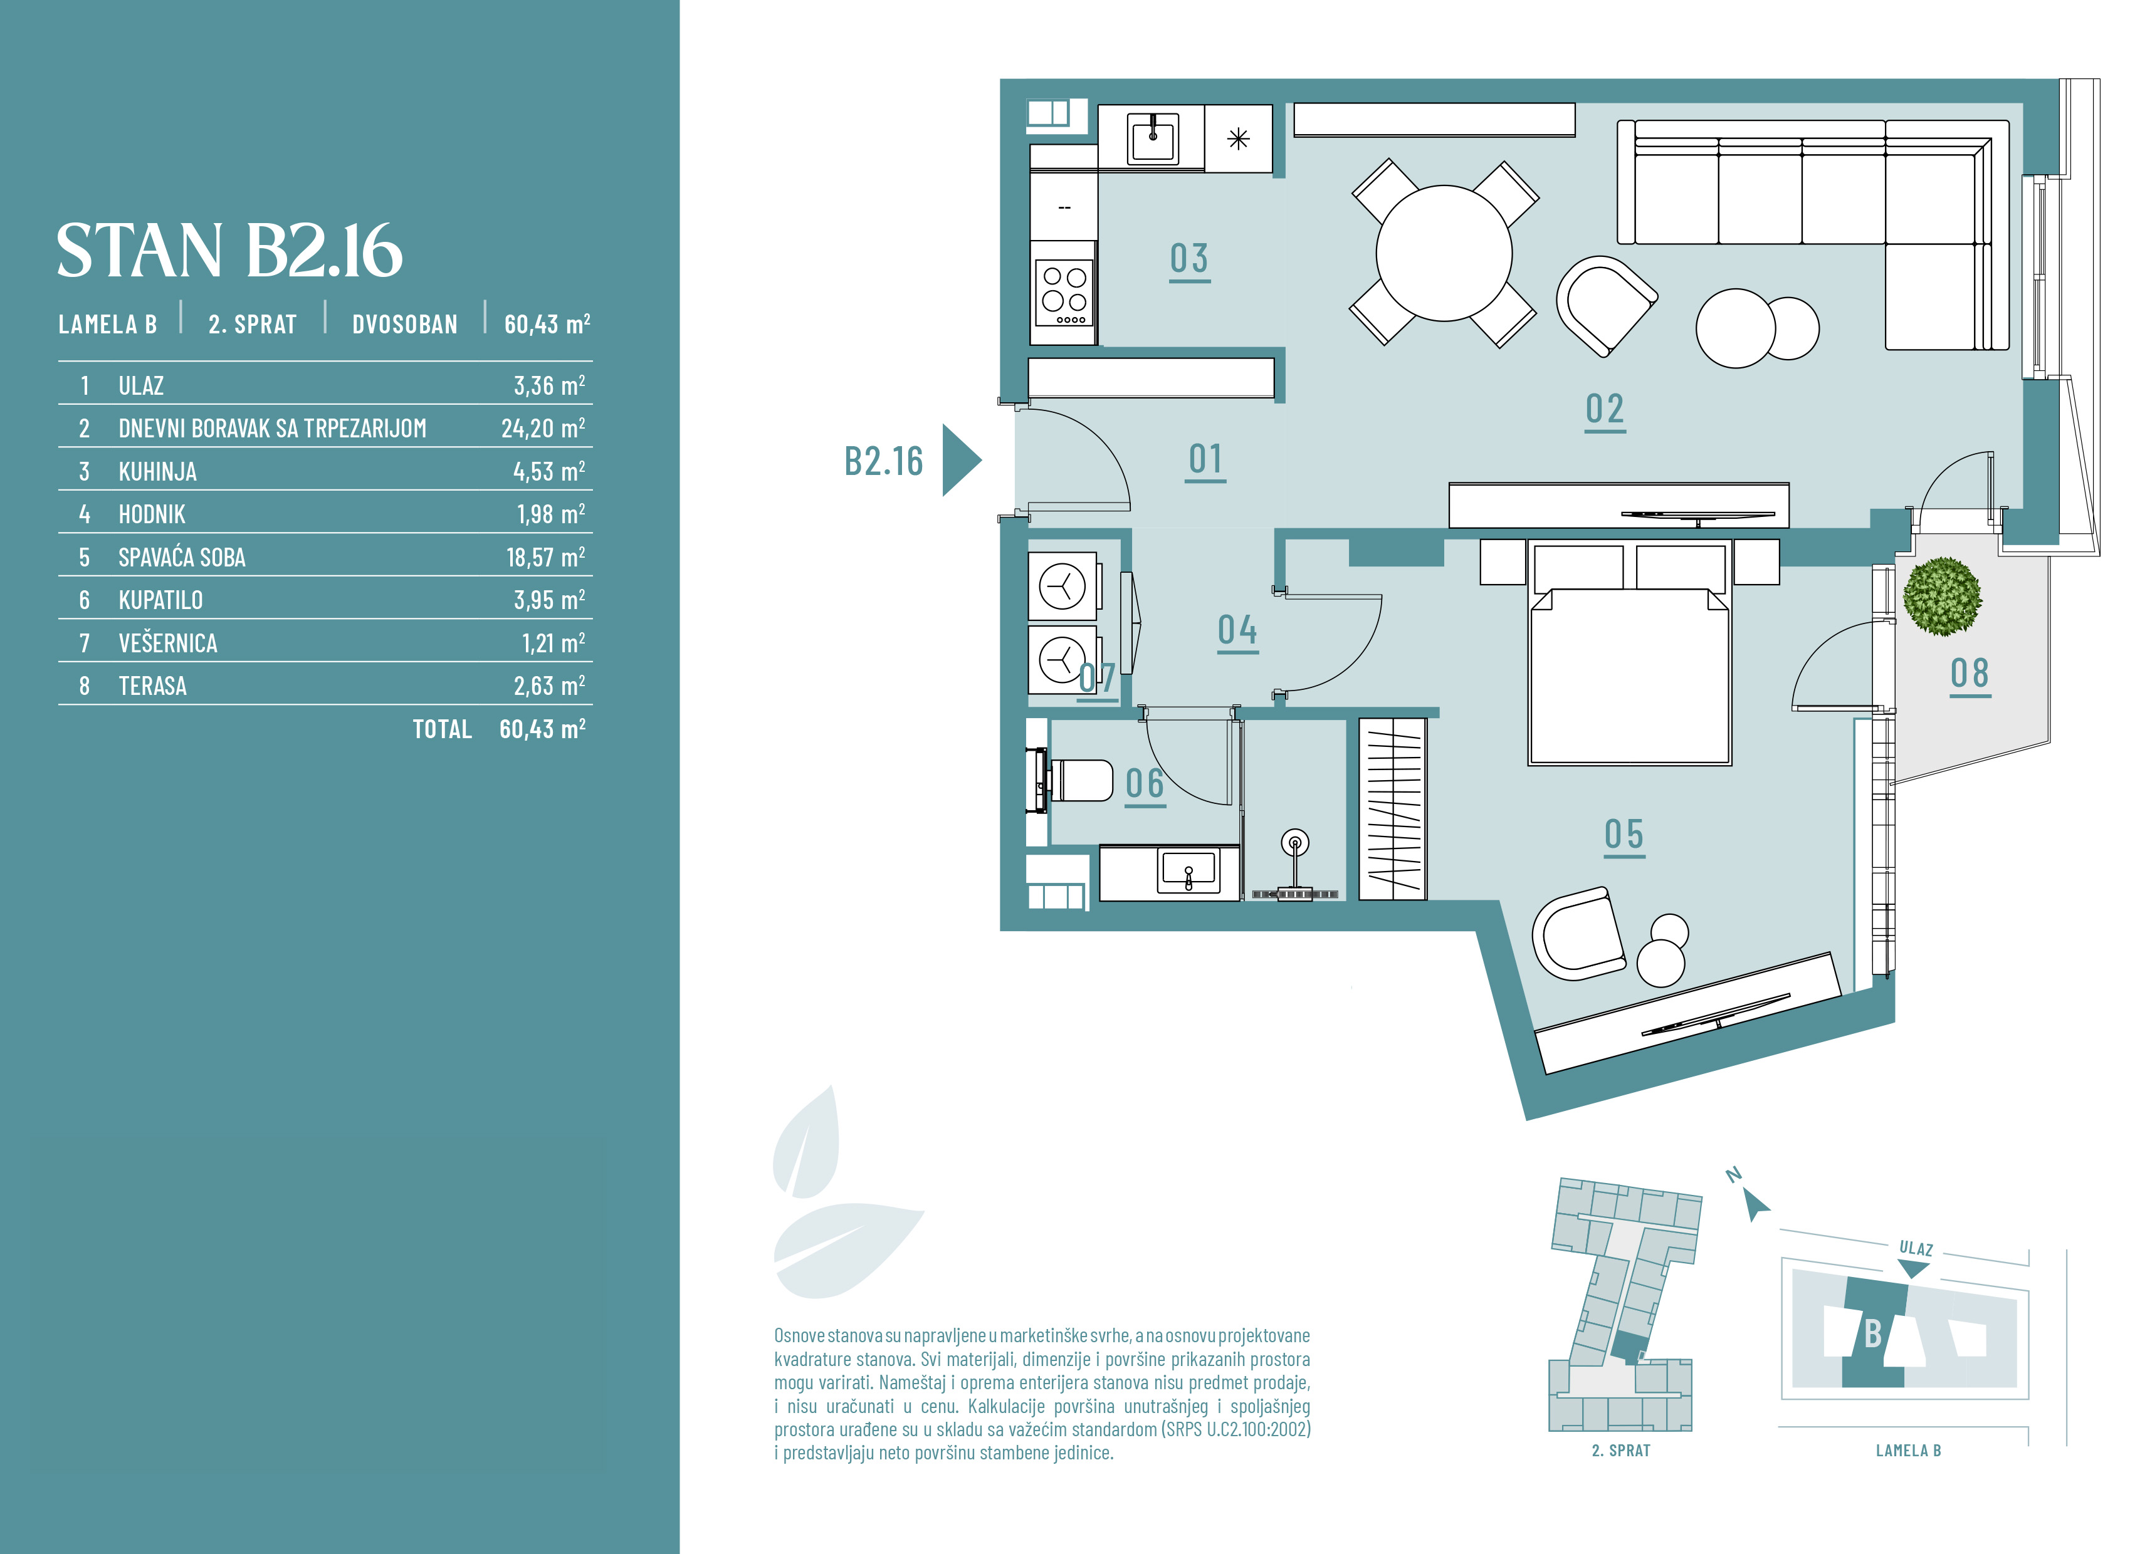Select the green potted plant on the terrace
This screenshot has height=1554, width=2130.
click(1942, 597)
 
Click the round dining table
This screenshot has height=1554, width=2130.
click(1444, 253)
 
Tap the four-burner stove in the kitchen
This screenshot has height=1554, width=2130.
click(1064, 293)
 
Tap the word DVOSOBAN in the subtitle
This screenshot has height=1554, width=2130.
click(404, 325)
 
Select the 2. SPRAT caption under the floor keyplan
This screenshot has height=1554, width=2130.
click(1621, 1451)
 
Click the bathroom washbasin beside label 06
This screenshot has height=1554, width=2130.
click(1188, 870)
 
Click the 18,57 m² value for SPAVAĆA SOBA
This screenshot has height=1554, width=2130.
click(546, 557)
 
